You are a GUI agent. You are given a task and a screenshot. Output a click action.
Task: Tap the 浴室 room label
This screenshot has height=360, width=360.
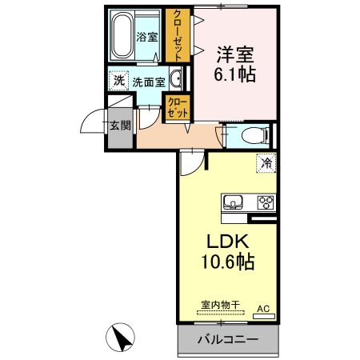tap(148, 37)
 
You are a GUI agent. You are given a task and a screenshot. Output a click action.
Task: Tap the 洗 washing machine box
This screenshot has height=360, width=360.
tap(118, 80)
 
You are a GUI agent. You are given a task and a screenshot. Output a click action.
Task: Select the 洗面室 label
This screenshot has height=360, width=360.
tap(148, 81)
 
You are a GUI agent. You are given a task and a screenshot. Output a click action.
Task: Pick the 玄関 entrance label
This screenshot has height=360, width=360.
tap(120, 126)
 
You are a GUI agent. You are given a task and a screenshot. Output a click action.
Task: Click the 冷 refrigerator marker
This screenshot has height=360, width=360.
tap(266, 162)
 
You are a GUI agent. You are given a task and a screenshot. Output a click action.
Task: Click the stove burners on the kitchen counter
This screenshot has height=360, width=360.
tap(266, 202)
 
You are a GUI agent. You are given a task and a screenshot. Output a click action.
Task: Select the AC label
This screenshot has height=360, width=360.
tap(263, 307)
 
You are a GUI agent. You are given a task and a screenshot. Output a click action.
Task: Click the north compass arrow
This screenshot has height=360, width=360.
tap(123, 338)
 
